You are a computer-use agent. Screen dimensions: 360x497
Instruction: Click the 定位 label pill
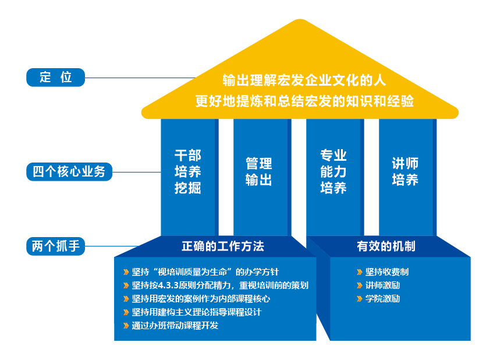(x=56, y=77)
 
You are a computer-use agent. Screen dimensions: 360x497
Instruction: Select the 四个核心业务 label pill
(x=69, y=172)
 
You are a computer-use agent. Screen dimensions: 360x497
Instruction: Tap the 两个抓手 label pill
(x=56, y=246)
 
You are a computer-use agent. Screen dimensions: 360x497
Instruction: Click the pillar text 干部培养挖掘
(x=188, y=172)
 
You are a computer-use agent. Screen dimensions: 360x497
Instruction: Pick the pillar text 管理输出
(x=259, y=172)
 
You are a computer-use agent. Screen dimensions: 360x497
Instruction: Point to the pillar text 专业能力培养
(x=333, y=172)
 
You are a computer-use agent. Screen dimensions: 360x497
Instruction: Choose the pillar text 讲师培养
(x=405, y=172)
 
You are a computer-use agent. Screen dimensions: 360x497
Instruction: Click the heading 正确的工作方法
(x=223, y=246)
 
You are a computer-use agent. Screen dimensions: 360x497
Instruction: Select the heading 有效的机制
(x=386, y=246)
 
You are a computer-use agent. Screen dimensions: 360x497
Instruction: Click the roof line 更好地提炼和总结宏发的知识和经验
(x=304, y=101)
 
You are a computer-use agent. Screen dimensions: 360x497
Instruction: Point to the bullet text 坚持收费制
(x=387, y=272)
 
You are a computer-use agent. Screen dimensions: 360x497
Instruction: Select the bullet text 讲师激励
(x=382, y=285)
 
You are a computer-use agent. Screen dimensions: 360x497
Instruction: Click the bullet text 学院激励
(x=382, y=299)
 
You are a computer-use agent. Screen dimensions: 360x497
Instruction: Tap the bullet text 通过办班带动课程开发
(x=175, y=326)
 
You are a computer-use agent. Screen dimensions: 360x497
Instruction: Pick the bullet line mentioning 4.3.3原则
(x=220, y=285)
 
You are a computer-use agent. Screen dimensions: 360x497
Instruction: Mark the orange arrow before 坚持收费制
(x=360, y=272)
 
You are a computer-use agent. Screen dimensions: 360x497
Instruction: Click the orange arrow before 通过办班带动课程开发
(x=126, y=326)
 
